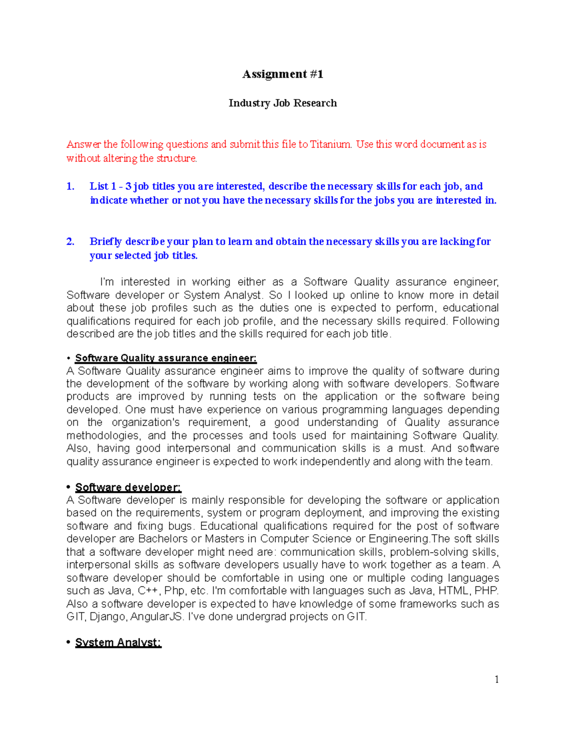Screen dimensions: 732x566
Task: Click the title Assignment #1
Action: click(283, 74)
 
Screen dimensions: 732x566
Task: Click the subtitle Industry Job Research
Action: click(283, 103)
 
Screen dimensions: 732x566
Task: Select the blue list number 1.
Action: click(70, 186)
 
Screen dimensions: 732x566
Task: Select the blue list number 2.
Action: click(70, 241)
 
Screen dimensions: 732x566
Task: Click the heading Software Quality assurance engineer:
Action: click(166, 358)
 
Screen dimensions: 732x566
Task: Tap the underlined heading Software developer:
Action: click(128, 487)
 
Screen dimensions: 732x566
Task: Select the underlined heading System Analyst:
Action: click(118, 642)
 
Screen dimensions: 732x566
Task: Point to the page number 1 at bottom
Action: click(497, 679)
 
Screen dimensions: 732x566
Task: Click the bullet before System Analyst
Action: click(69, 642)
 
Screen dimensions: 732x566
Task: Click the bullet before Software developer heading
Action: click(69, 487)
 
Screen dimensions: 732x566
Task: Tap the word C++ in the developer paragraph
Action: click(149, 591)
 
